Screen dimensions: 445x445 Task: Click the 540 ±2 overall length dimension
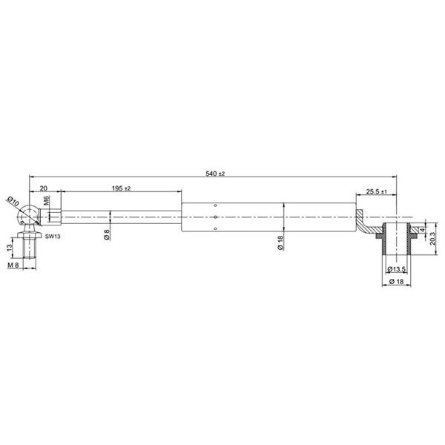(x=215, y=174)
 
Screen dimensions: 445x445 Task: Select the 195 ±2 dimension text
(x=121, y=188)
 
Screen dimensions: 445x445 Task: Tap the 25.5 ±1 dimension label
(x=376, y=191)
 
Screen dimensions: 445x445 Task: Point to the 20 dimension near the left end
(x=44, y=188)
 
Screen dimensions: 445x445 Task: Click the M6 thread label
(x=47, y=200)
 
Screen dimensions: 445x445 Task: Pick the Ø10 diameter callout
(x=13, y=201)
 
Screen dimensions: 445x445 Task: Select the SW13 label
(x=53, y=236)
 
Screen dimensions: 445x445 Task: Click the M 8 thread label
(x=13, y=265)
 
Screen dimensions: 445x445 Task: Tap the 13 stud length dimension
(x=10, y=247)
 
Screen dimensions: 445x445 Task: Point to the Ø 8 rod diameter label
(x=107, y=234)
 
